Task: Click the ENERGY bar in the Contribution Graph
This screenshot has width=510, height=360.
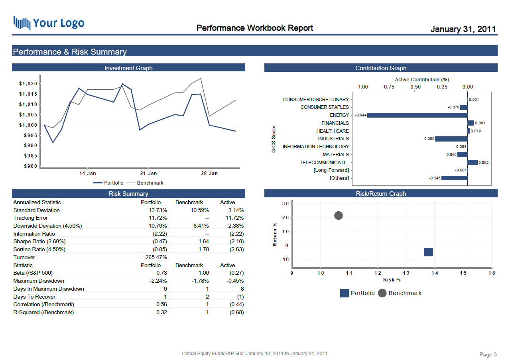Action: (x=417, y=115)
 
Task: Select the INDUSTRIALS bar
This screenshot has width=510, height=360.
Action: (x=451, y=139)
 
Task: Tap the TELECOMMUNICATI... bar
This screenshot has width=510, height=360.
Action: (x=473, y=162)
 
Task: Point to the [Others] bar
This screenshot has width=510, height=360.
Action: (x=454, y=178)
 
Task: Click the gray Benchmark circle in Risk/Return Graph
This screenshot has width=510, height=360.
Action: (x=338, y=216)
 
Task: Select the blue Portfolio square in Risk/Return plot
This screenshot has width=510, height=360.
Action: (x=429, y=252)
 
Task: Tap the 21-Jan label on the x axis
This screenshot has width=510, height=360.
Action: (x=148, y=173)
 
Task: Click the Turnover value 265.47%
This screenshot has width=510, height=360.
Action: (x=156, y=257)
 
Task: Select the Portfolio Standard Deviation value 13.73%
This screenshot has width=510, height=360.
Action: (x=158, y=210)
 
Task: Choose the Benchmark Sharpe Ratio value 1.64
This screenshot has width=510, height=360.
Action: (x=204, y=242)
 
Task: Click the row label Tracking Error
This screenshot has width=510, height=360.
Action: (x=30, y=218)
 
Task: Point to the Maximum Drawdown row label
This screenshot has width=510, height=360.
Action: (x=39, y=281)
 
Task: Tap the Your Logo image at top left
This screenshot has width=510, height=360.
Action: (x=49, y=23)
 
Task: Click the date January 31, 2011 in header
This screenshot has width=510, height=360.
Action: (x=463, y=29)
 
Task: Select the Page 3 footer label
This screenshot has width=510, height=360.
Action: (x=488, y=354)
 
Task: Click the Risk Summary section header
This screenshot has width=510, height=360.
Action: (x=128, y=194)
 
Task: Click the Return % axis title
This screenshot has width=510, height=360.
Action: (x=275, y=234)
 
